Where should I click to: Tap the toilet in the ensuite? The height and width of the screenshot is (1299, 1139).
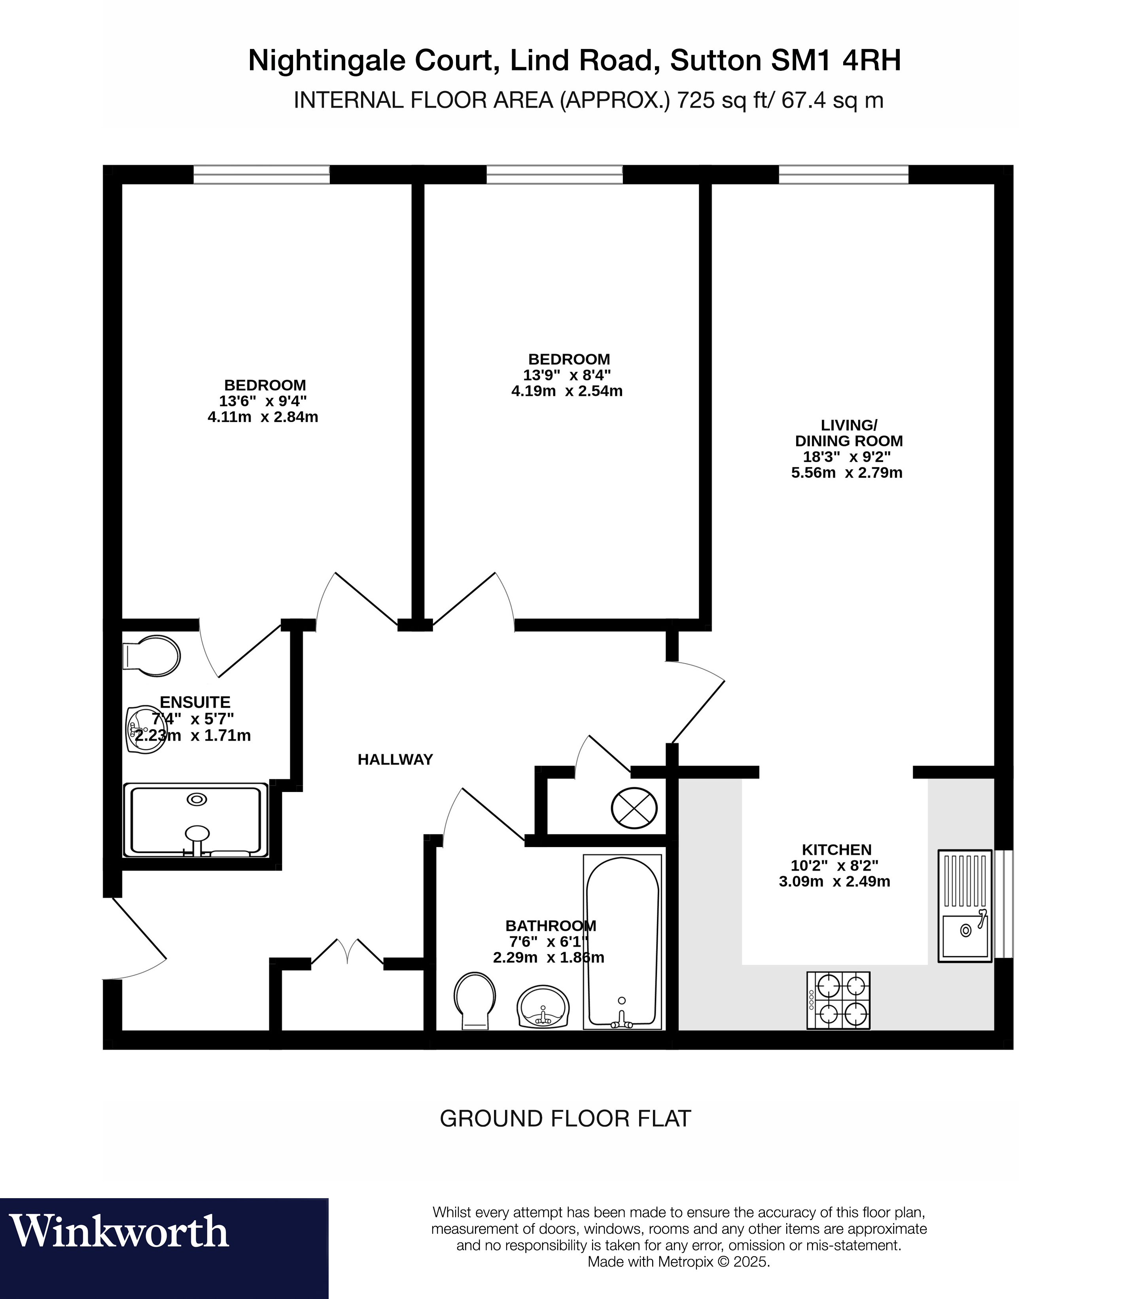[153, 656]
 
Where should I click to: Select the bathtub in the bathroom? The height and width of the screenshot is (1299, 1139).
[622, 942]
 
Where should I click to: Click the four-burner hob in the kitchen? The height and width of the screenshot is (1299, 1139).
[838, 1000]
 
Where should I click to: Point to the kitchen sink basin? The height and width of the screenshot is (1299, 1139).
[965, 936]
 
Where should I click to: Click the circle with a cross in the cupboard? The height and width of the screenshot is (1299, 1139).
[634, 808]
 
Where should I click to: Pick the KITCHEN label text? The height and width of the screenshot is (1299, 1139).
[836, 850]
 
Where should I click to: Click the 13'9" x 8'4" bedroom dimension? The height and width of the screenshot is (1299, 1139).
[567, 376]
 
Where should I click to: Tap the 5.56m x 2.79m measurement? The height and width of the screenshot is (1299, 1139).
[847, 473]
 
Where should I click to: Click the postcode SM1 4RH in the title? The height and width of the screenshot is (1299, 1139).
[835, 61]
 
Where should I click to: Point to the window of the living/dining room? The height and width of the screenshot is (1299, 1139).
[844, 175]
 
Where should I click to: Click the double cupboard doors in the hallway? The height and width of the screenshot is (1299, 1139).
[347, 953]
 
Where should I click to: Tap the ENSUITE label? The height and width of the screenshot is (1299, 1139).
[195, 702]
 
